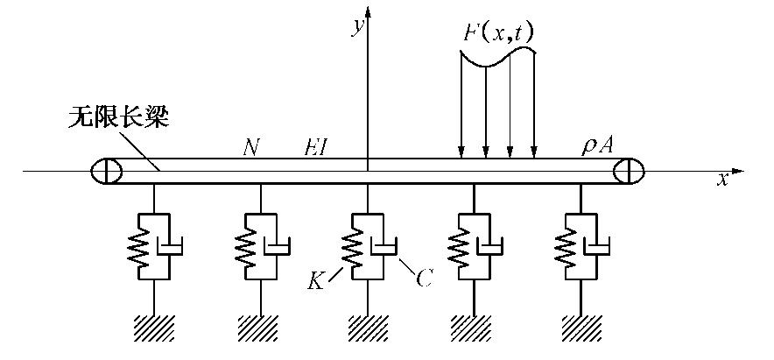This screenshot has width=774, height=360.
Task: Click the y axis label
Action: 358,27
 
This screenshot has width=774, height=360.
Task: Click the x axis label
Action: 723,180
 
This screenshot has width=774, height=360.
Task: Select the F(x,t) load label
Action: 499,33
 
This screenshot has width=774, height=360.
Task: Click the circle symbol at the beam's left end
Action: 104,170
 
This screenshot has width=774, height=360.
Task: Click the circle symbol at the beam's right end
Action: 628,170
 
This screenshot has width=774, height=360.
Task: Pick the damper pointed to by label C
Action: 383,244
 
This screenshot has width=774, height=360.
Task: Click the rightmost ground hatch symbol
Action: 579,328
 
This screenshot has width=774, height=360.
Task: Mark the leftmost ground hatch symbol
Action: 154,328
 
